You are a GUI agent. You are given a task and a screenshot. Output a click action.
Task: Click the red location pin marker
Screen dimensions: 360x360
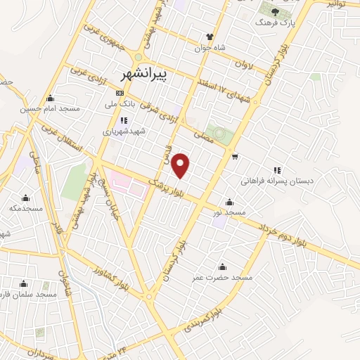point(181,165)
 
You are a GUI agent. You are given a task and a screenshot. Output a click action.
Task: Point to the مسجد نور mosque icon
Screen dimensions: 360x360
point(229,201)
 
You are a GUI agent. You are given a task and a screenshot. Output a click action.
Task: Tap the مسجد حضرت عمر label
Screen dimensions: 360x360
point(223,278)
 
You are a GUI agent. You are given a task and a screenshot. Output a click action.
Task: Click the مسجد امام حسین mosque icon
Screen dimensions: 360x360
point(50,98)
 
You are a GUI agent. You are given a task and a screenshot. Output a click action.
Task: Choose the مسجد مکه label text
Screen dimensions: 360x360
point(26,209)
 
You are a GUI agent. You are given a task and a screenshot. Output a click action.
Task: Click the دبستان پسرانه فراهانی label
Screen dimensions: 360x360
point(276,181)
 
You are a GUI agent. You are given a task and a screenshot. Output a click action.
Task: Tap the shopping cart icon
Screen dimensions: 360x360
point(235,156)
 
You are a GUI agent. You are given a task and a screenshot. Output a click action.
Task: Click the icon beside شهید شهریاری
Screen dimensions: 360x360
point(124,120)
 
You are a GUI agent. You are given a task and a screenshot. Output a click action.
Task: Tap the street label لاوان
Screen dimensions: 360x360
point(243,65)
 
